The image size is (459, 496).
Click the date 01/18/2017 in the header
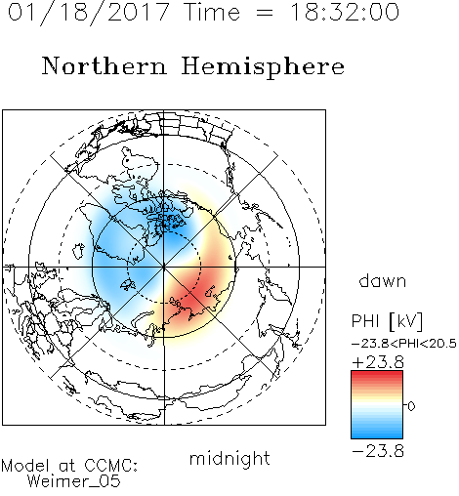pyautogui.click(x=89, y=12)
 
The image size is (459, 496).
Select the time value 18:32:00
pyautogui.click(x=345, y=12)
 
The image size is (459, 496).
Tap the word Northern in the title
pyautogui.click(x=104, y=66)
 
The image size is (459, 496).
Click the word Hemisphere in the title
pyautogui.click(x=263, y=67)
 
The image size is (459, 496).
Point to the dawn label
pyautogui.click(x=383, y=280)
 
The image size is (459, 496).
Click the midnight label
pyautogui.click(x=229, y=458)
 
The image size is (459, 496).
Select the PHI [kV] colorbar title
pyautogui.click(x=387, y=321)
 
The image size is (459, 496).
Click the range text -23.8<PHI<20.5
pyautogui.click(x=404, y=344)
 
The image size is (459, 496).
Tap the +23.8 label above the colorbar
pyautogui.click(x=378, y=362)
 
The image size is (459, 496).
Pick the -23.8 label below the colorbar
pyautogui.click(x=378, y=451)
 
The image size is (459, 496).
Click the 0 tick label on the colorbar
pyautogui.click(x=411, y=406)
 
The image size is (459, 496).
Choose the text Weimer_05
pyautogui.click(x=74, y=481)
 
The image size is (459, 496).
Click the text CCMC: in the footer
pyautogui.click(x=110, y=466)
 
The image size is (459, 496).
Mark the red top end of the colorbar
pyautogui.click(x=377, y=373)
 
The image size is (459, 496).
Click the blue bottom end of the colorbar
pyautogui.click(x=377, y=435)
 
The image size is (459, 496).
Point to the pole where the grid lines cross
pyautogui.click(x=164, y=267)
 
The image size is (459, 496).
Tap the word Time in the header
pyautogui.click(x=212, y=12)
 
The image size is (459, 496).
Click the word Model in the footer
pyautogui.click(x=25, y=466)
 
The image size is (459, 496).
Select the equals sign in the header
pyautogui.click(x=265, y=13)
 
